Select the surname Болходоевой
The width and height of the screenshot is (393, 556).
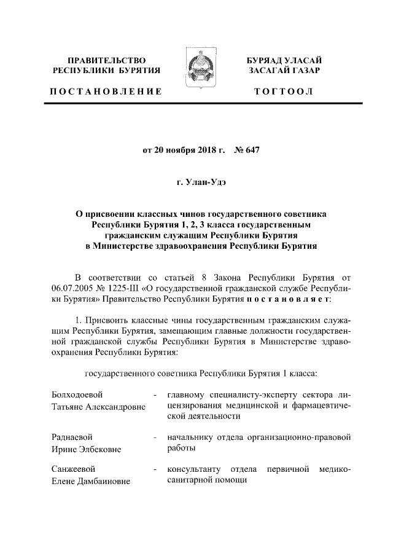pyautogui.click(x=77, y=394)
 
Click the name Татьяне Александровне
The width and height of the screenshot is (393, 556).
pyautogui.click(x=97, y=407)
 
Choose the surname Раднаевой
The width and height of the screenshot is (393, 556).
pyautogui.click(x=72, y=437)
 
